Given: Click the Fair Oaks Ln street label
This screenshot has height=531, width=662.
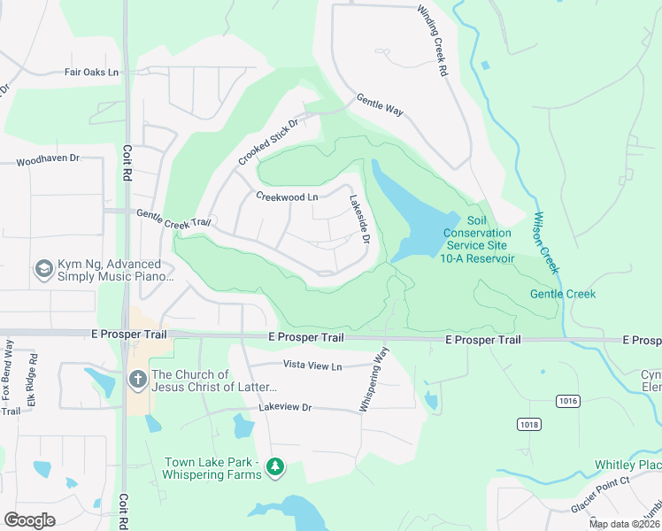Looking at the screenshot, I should click(x=92, y=73).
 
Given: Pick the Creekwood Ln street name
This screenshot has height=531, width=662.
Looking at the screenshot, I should click(x=287, y=196).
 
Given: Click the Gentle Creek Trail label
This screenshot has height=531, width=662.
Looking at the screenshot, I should click(x=173, y=217).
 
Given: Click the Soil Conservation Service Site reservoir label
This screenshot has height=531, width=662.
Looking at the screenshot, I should click(x=477, y=238).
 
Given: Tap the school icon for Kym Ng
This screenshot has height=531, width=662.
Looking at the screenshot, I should click(x=43, y=268).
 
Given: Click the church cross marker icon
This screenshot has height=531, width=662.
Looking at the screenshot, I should click(x=137, y=380).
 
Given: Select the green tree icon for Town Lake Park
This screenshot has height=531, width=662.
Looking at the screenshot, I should click(x=275, y=466).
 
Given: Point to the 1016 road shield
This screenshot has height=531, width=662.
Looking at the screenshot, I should click(x=567, y=402).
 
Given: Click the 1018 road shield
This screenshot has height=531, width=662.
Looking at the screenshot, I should click(x=529, y=425).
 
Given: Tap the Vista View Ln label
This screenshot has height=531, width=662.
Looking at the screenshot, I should click(x=312, y=365).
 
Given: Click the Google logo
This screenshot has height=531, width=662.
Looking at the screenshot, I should click(x=29, y=519).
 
